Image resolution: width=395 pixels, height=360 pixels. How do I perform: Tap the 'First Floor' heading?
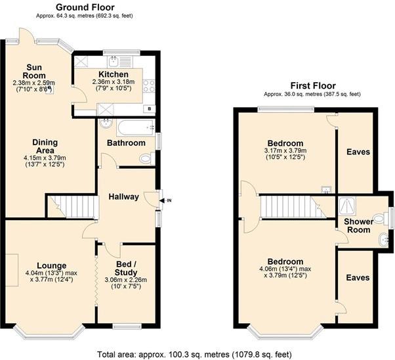(312, 85)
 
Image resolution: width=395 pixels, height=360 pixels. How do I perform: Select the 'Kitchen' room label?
(113, 74)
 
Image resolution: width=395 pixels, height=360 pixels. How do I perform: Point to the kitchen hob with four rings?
(149, 85)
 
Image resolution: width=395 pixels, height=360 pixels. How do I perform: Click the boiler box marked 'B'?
(150, 108)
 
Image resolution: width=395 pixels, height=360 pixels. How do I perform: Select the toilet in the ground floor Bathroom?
(146, 158)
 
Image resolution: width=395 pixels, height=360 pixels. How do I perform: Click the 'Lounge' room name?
(51, 265)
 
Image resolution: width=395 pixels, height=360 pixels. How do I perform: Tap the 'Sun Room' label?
(35, 70)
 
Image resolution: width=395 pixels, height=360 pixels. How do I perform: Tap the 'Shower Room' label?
(359, 225)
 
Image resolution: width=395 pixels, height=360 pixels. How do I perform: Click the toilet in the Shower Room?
(377, 218)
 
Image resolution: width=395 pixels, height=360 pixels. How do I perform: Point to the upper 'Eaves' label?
(358, 152)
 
